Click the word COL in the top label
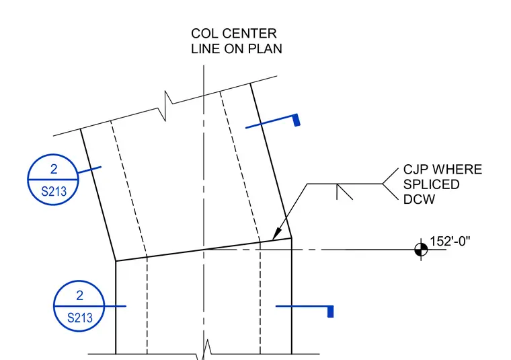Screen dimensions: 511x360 coord(201,34)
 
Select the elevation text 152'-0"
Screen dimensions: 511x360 coord(450,242)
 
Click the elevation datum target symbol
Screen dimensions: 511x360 coord(421,250)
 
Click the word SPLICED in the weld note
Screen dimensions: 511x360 coord(432,184)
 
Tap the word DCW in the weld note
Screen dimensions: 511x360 coord(419,199)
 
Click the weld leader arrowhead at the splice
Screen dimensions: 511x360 coord(277,234)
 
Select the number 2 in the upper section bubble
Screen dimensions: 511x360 coord(54,169)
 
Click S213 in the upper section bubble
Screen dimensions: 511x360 coord(54,191)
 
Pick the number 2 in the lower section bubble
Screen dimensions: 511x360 coord(80,295)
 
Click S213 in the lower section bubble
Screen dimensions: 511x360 coord(80,318)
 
